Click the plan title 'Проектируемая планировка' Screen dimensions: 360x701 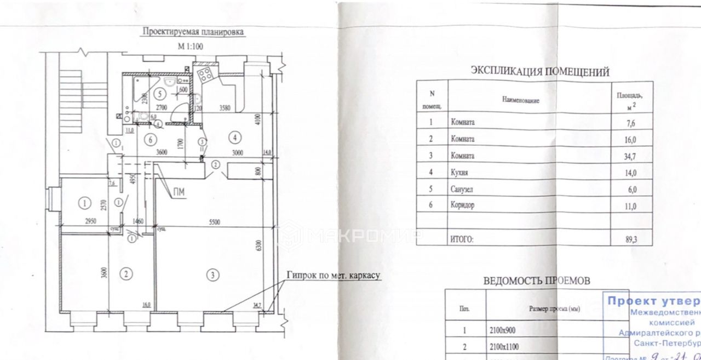point(193,32)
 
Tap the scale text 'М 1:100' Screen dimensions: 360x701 point(190,47)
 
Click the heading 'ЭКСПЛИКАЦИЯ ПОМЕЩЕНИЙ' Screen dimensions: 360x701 point(540,71)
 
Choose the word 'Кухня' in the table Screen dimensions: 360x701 point(458,173)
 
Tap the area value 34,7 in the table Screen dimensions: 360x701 point(633,156)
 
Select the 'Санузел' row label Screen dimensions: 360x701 point(462,189)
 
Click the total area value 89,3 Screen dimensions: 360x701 point(633,239)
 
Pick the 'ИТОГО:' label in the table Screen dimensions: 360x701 point(461,239)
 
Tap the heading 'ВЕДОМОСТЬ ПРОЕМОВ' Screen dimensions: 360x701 point(536,281)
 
